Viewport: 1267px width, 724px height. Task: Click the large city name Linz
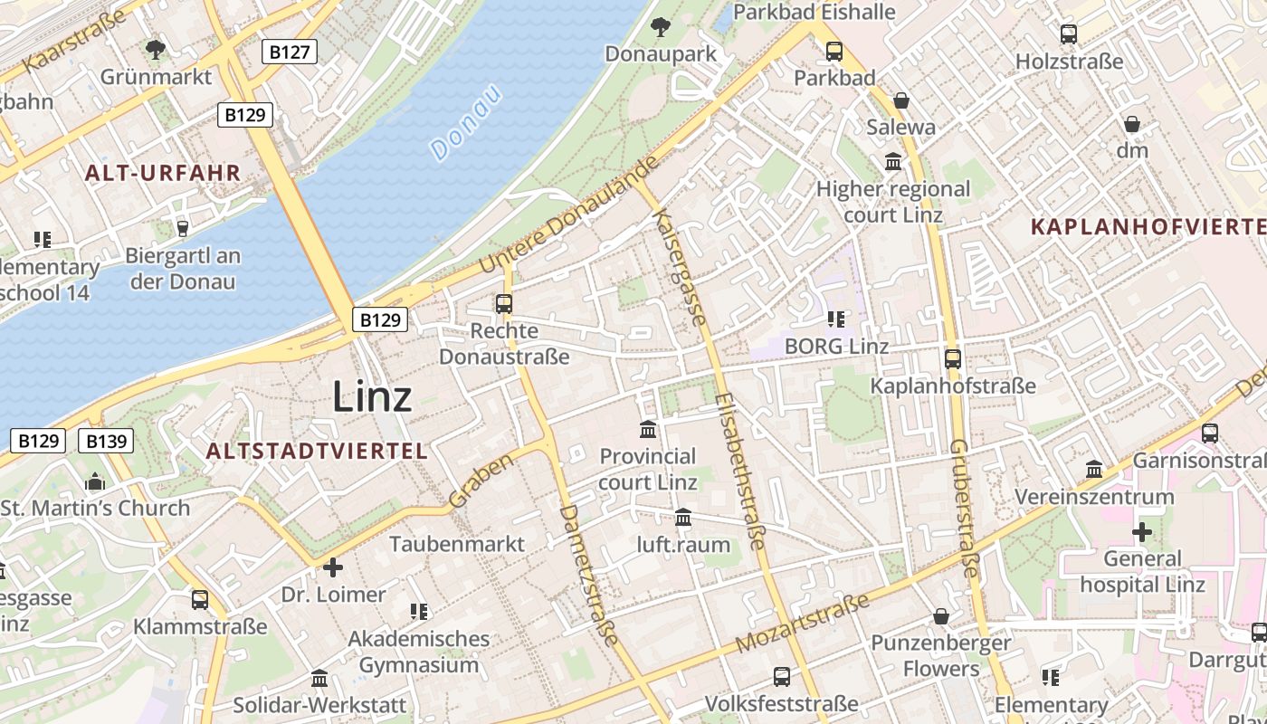372,396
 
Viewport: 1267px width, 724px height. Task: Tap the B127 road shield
290,52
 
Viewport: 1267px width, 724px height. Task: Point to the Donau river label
465,122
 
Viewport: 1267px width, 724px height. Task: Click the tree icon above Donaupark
661,27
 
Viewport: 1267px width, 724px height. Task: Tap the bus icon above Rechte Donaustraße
504,304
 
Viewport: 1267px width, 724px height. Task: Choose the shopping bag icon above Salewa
900,100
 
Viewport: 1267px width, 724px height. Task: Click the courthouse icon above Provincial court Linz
648,429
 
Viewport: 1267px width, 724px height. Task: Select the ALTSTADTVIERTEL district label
316,451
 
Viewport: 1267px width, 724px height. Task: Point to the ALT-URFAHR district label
163,173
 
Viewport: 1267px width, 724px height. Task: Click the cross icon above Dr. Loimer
333,567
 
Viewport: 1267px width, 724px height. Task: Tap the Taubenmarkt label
456,544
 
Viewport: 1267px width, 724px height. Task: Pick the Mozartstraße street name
803,623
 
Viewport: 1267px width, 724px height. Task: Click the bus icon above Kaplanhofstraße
952,358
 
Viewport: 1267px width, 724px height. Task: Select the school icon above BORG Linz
836,319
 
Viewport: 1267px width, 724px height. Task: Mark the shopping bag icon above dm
1131,124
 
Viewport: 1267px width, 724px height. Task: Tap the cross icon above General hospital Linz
1142,531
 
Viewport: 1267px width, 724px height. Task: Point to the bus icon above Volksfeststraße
781,676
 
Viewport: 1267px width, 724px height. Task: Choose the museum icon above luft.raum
683,518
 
